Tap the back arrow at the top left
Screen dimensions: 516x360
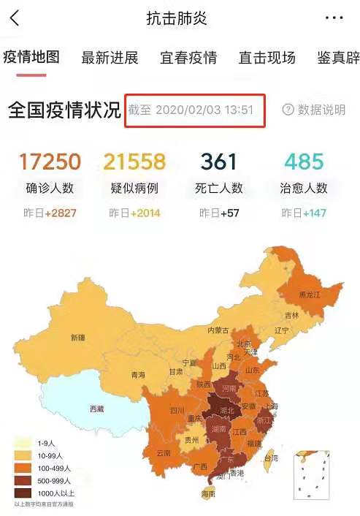click(15, 18)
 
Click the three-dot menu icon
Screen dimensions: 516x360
click(334, 18)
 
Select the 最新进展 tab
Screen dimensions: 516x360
click(110, 58)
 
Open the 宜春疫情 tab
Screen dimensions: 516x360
click(188, 58)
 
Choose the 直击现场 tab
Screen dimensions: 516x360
click(267, 58)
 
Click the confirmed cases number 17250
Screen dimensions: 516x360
click(49, 161)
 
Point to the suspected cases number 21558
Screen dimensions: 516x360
click(134, 161)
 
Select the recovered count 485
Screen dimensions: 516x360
click(304, 161)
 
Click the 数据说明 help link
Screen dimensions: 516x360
click(314, 110)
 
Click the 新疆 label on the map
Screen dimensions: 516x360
click(78, 338)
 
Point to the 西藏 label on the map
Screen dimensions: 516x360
click(96, 409)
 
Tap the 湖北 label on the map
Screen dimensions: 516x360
click(226, 411)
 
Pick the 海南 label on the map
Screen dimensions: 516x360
click(208, 494)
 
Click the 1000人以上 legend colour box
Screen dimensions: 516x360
click(21, 493)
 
